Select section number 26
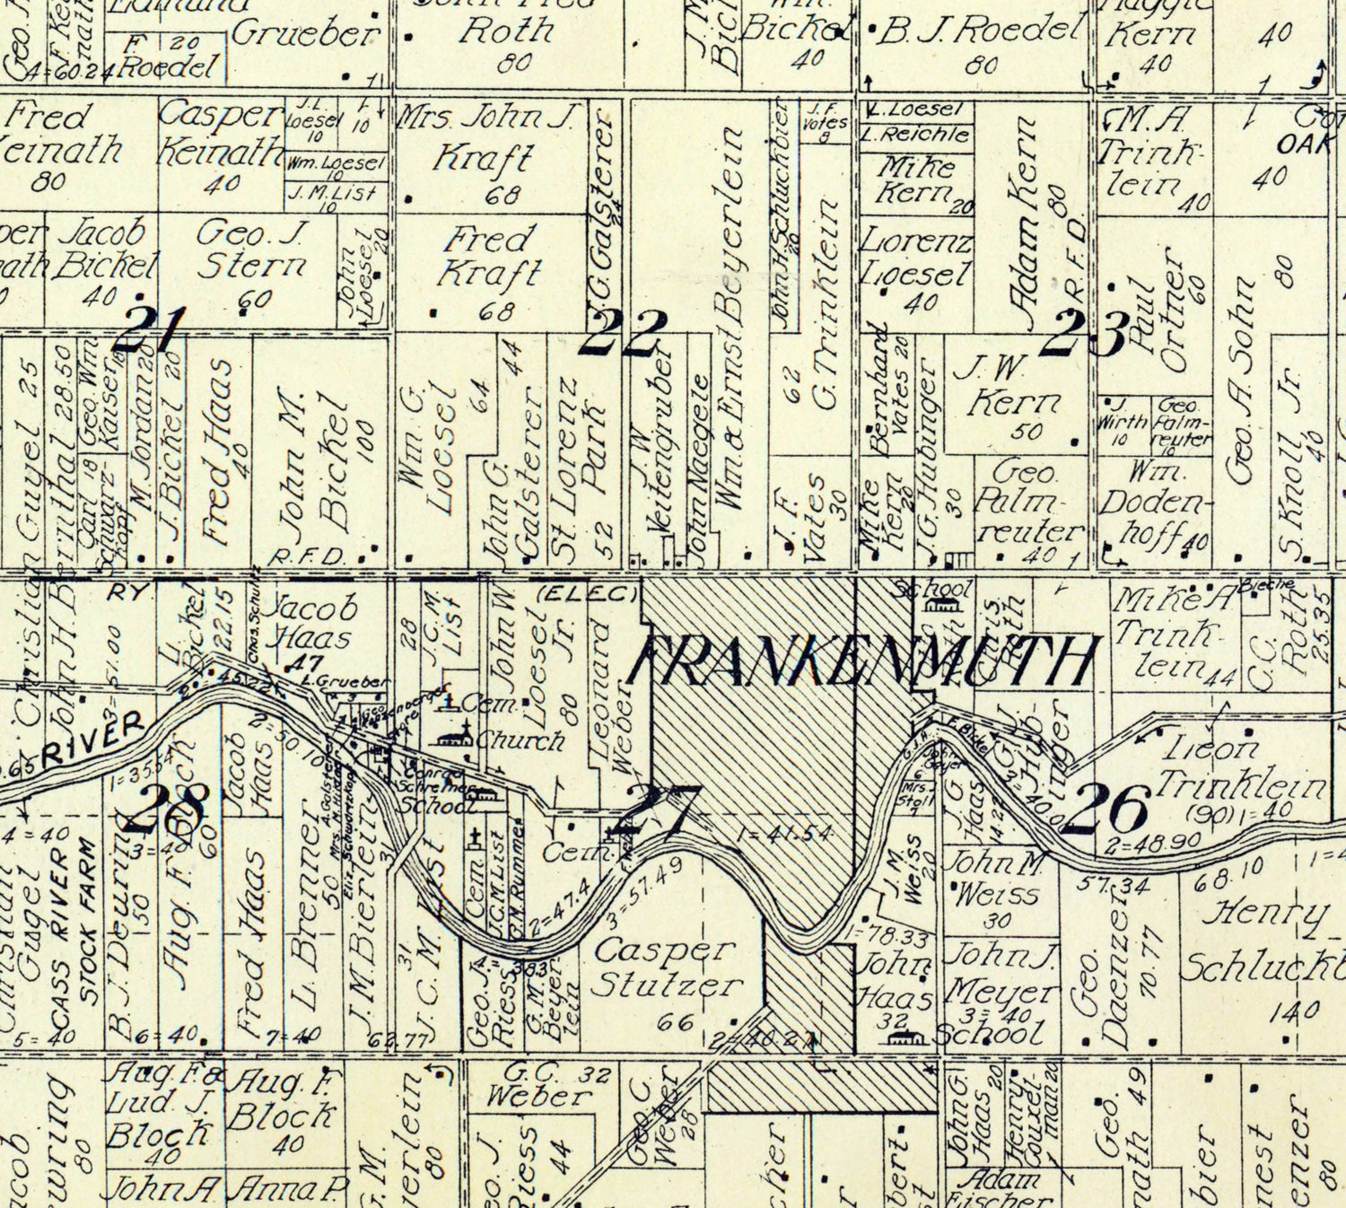pyautogui.click(x=1113, y=807)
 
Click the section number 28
pyautogui.click(x=167, y=807)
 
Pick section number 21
pyautogui.click(x=151, y=329)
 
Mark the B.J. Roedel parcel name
pyautogui.click(x=978, y=31)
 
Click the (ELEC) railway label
pyautogui.click(x=587, y=593)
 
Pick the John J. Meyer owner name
pyautogui.click(x=1001, y=974)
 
